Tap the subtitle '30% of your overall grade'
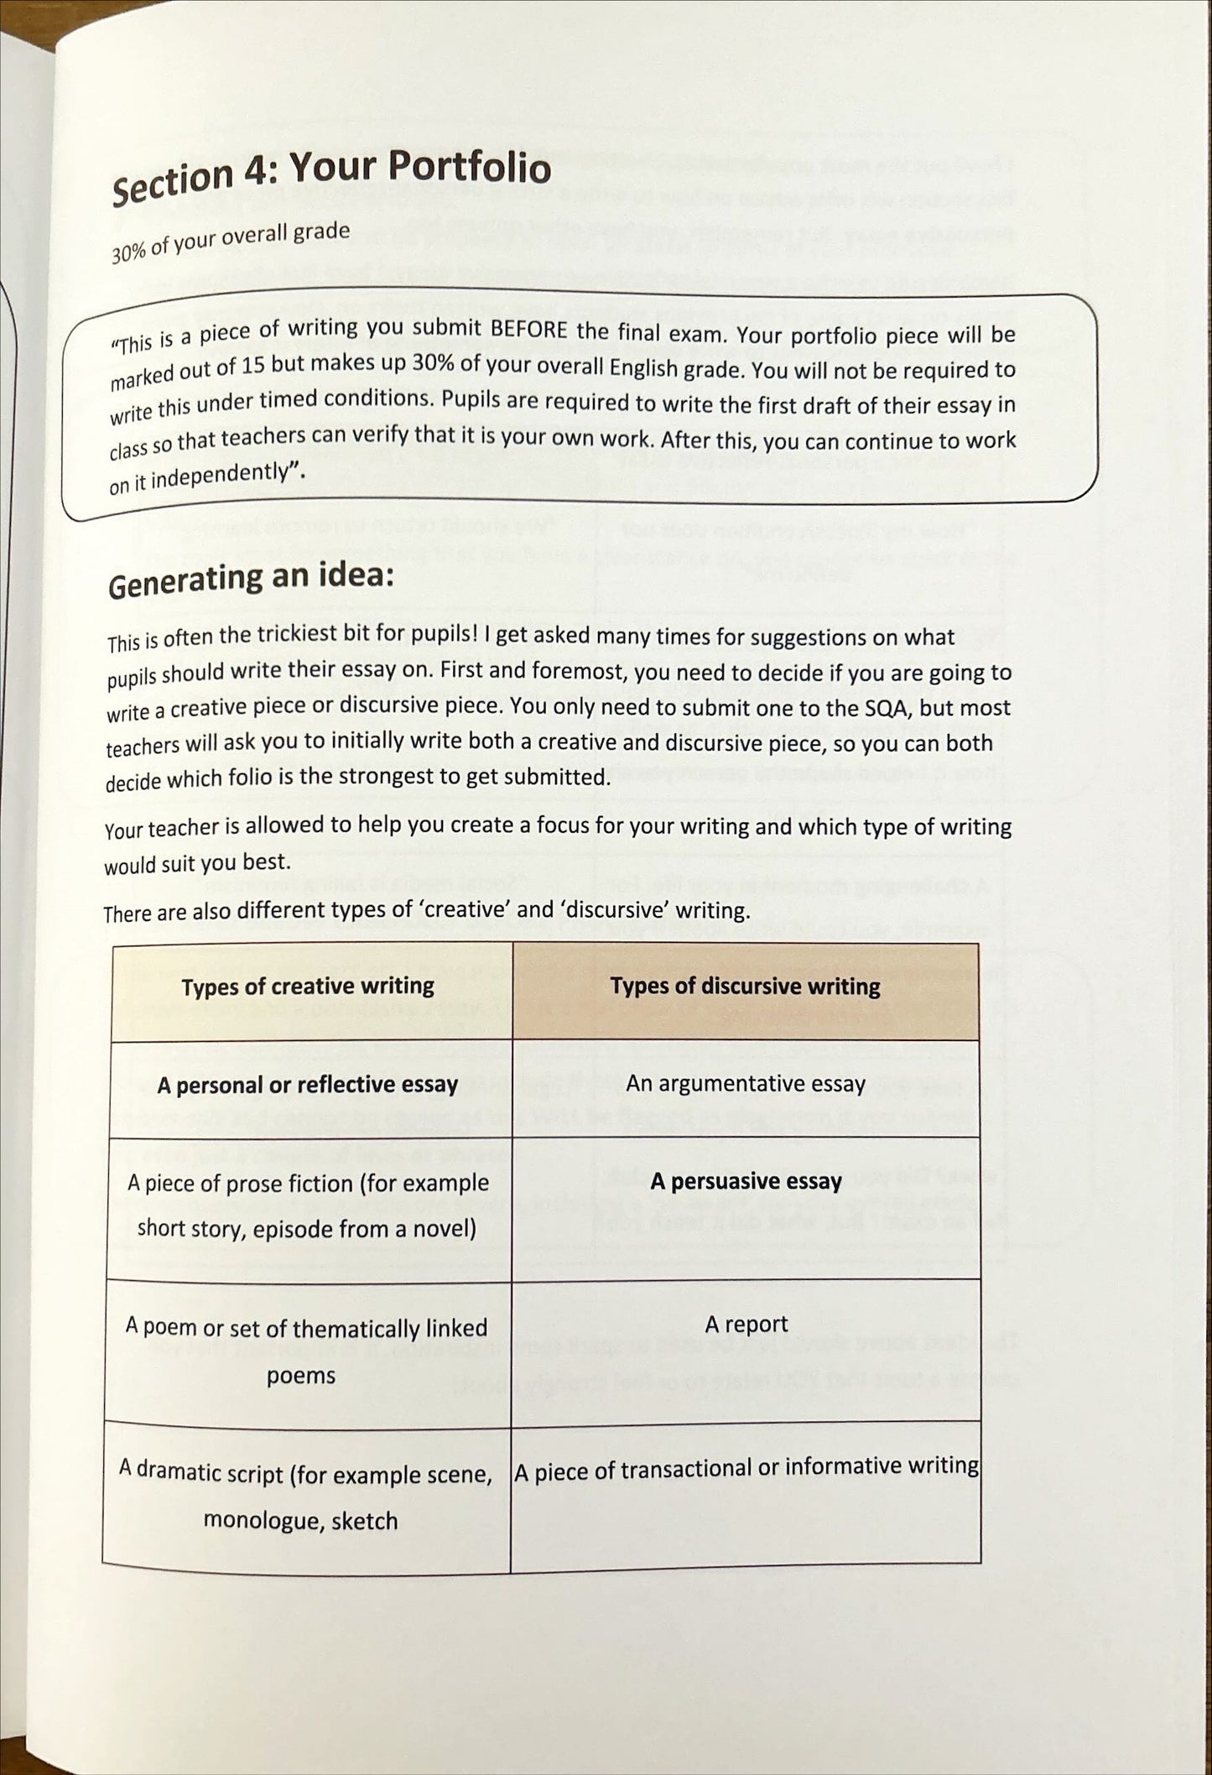(x=231, y=242)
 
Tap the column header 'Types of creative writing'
(x=308, y=986)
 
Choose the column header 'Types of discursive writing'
(x=745, y=986)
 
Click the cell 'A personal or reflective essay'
(x=308, y=1085)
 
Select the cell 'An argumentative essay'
(x=745, y=1084)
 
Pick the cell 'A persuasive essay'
(x=745, y=1181)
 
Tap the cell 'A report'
(x=746, y=1324)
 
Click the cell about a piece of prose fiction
(x=308, y=1205)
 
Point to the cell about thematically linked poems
(x=306, y=1351)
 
